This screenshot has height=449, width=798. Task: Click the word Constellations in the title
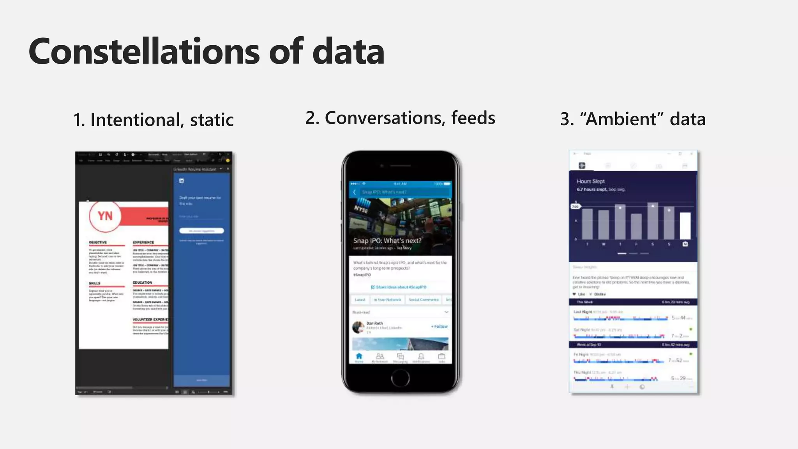click(x=144, y=51)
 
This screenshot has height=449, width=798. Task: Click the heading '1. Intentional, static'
click(x=154, y=120)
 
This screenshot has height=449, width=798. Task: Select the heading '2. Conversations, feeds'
click(x=400, y=118)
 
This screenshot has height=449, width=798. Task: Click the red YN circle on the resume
click(x=105, y=216)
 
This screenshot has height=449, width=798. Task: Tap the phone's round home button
click(x=400, y=377)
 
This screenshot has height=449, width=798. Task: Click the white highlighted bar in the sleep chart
click(x=685, y=226)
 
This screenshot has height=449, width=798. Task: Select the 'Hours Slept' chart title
click(x=590, y=181)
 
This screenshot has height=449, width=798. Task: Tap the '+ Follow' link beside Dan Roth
click(x=439, y=326)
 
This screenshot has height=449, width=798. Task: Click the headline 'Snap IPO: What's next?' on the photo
click(x=387, y=240)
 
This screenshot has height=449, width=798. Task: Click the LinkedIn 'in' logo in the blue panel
click(x=181, y=180)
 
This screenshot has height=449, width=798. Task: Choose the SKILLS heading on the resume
click(x=95, y=283)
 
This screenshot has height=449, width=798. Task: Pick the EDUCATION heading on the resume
click(x=142, y=283)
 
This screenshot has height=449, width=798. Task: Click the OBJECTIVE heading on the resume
click(x=97, y=242)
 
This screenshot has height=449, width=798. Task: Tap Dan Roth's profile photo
click(x=358, y=327)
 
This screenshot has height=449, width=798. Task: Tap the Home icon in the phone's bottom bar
click(x=359, y=357)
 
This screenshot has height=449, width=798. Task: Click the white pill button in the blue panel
click(x=201, y=231)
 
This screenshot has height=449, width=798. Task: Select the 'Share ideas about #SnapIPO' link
click(x=399, y=287)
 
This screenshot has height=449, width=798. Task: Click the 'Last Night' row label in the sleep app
click(x=583, y=312)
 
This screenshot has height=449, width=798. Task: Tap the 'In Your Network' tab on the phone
click(x=387, y=300)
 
